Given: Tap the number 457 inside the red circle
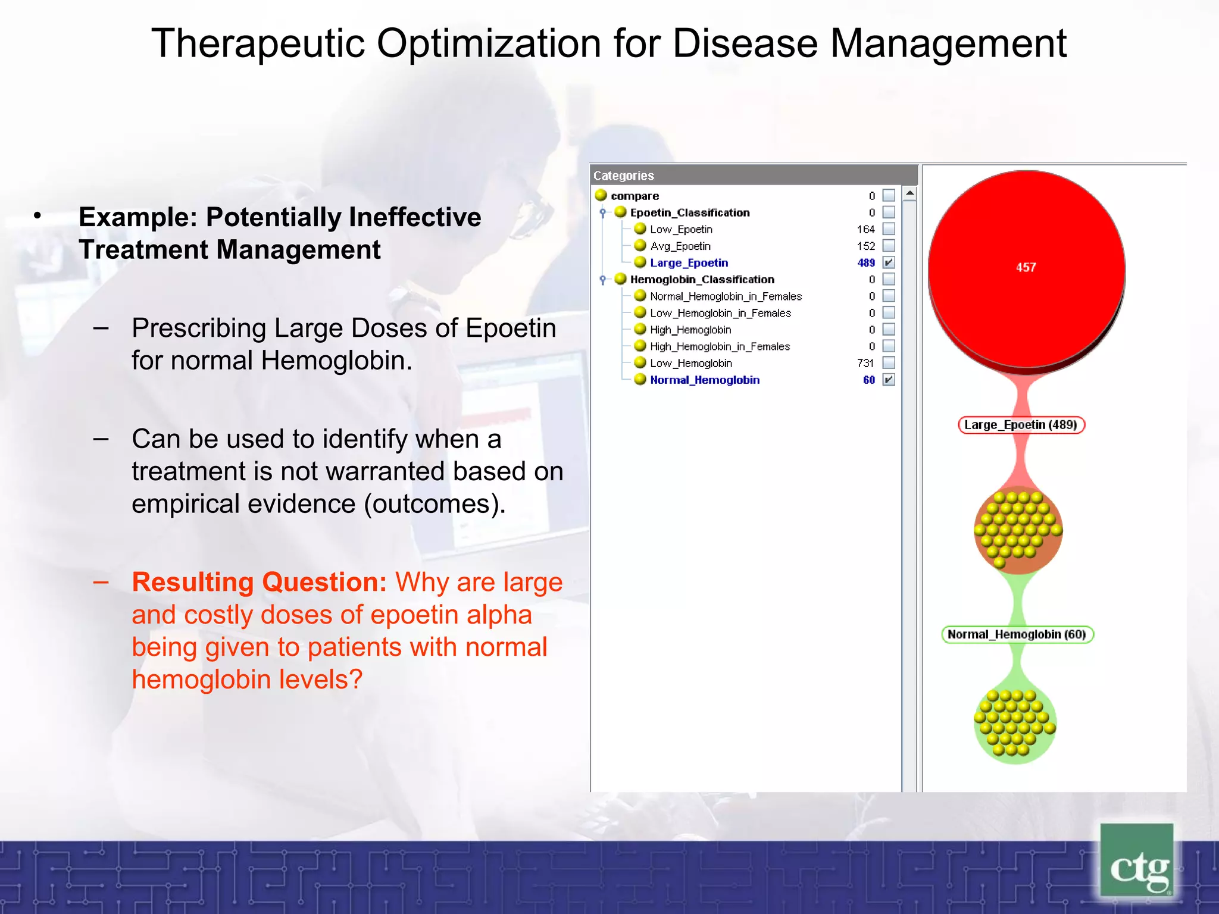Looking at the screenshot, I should (x=1026, y=268).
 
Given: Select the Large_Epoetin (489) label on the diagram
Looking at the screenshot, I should (x=1021, y=425).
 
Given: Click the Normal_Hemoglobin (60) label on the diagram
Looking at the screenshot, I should (x=1017, y=634).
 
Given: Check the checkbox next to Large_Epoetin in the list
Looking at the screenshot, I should (x=889, y=262).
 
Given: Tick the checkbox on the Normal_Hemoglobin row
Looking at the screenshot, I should (x=889, y=380).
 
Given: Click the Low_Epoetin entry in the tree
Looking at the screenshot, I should (x=680, y=229).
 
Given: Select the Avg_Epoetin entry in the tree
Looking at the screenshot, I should (x=680, y=246).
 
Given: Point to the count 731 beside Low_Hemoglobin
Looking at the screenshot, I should (x=865, y=363).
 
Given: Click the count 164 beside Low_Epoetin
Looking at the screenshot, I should (x=865, y=229).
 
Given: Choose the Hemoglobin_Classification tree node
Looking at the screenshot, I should (x=702, y=279).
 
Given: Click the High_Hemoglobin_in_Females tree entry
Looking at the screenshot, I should (x=719, y=346).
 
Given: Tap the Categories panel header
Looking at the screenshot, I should (x=754, y=176).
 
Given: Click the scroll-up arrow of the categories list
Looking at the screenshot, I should (x=909, y=193).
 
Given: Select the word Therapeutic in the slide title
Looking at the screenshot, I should (x=257, y=44).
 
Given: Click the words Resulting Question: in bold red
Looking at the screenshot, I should (x=260, y=582).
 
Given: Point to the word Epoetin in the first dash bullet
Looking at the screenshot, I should (x=510, y=328).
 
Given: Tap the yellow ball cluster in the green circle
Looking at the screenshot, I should (x=1014, y=723).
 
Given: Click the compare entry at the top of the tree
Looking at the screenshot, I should (x=634, y=196).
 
